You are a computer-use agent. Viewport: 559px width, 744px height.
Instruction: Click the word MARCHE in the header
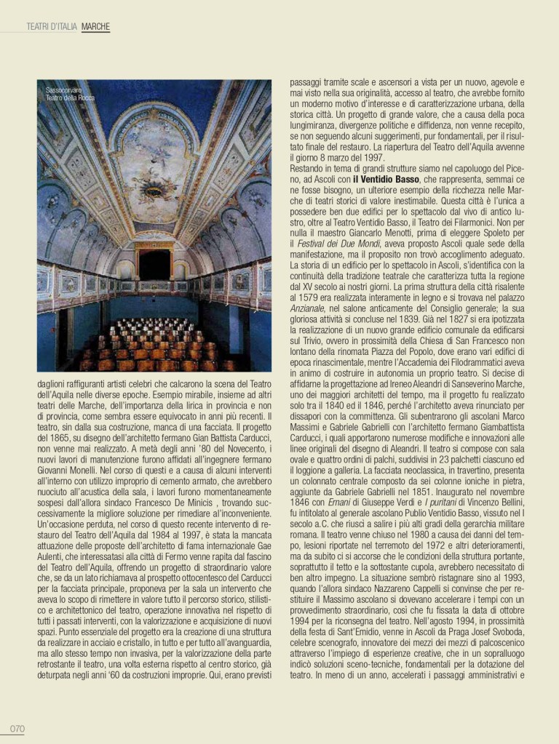pyautogui.click(x=95, y=27)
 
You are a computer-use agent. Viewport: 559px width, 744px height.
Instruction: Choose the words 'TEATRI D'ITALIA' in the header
pyautogui.click(x=52, y=27)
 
